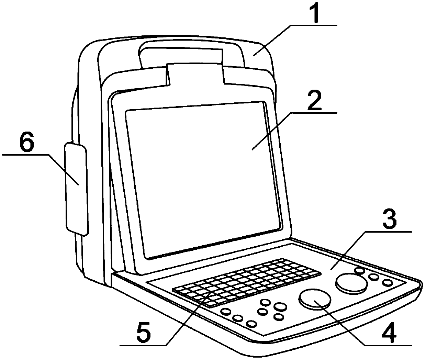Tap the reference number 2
314,100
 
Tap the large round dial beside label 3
351,283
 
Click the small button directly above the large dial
360,271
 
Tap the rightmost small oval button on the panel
388,282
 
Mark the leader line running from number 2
271,131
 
